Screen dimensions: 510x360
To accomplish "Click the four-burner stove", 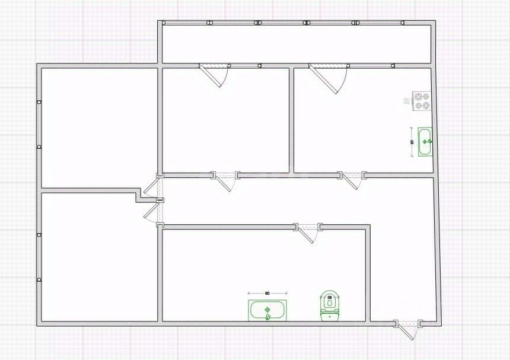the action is point(422,100).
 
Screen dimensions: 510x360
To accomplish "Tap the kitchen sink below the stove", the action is point(425,142).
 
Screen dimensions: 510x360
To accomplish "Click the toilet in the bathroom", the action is point(329,307).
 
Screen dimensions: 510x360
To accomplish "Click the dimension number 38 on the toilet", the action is point(329,297).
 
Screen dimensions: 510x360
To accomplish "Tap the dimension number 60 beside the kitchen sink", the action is point(412,142).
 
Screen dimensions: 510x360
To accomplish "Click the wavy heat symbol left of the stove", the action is point(406,102).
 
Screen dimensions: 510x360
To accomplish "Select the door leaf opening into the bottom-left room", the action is point(151,212).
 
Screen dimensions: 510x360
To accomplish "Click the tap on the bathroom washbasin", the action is point(267,317).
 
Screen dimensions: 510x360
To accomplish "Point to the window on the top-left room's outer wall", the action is point(40,125).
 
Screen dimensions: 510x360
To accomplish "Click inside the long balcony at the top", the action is point(297,43).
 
